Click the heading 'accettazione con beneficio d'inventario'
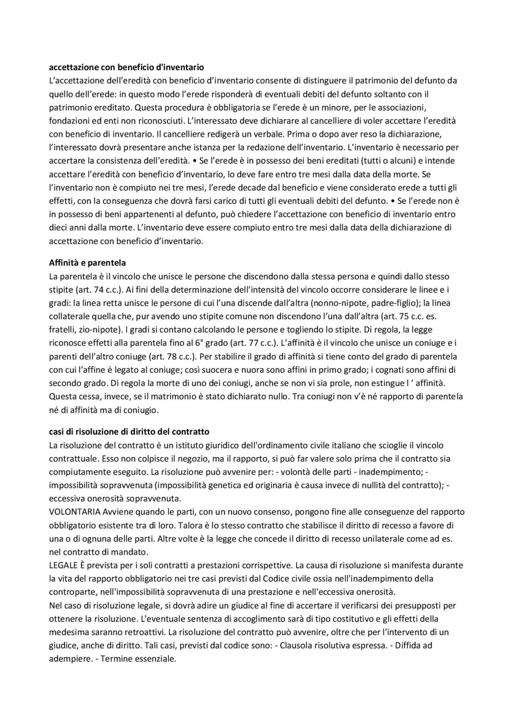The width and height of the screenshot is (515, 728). coord(126,67)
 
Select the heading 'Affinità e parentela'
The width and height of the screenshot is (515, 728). coord(87,263)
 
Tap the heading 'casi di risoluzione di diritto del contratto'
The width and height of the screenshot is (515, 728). coord(129,432)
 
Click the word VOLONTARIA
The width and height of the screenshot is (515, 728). coord(74,512)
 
